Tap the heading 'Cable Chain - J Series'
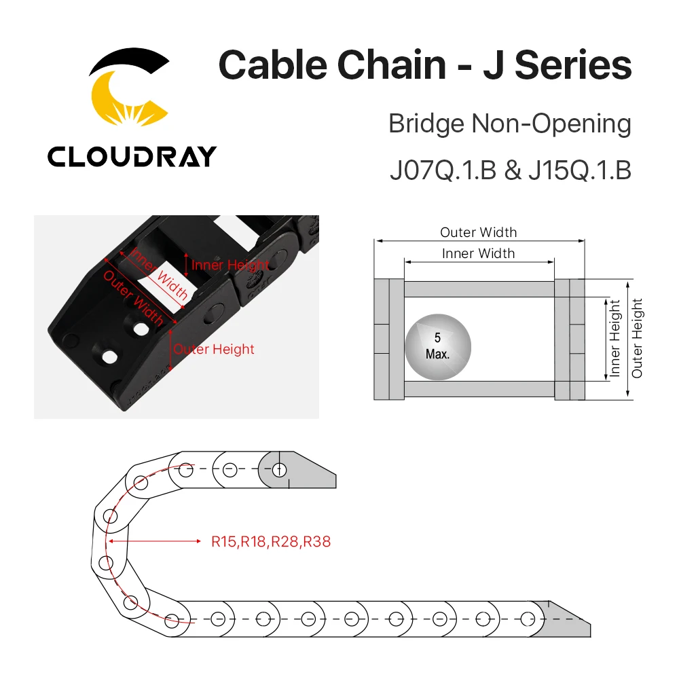click(424, 66)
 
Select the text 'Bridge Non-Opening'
click(509, 124)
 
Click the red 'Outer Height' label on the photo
click(214, 349)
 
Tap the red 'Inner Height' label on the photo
click(230, 265)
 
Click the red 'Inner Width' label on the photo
click(160, 274)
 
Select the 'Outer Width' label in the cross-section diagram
click(478, 232)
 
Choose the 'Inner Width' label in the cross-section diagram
click(478, 253)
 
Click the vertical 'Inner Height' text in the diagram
click(615, 338)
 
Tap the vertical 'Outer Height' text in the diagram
click(637, 338)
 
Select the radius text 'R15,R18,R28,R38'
click(271, 541)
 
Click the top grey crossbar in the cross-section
click(479, 289)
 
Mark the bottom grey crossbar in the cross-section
click(479, 389)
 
